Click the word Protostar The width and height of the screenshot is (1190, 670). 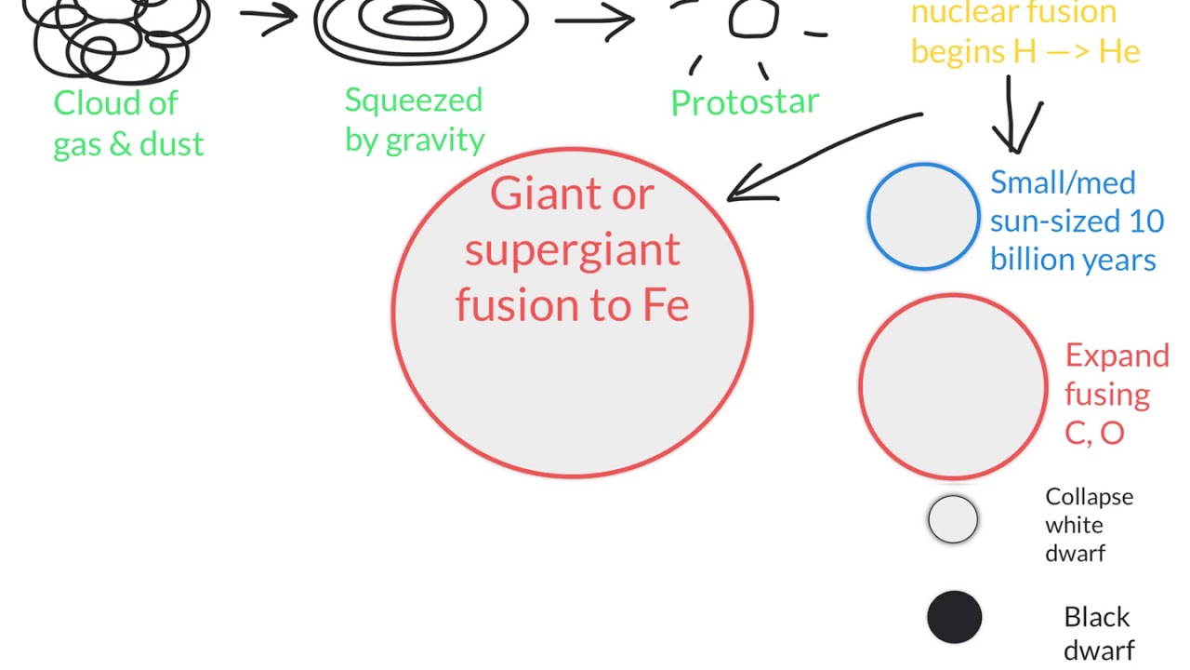pyautogui.click(x=745, y=101)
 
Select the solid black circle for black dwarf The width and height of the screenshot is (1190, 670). pyautogui.click(x=954, y=617)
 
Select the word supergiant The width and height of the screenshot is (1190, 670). pyautogui.click(x=572, y=251)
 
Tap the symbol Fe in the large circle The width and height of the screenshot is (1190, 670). pyautogui.click(x=666, y=306)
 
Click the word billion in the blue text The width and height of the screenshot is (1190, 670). pyautogui.click(x=1025, y=260)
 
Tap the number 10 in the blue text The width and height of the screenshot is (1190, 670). pyautogui.click(x=1146, y=221)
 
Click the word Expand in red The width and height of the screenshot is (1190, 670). pyautogui.click(x=1117, y=356)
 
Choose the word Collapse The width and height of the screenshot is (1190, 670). pyautogui.click(x=1089, y=498)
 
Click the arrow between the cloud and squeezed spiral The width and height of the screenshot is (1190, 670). pyautogui.click(x=269, y=16)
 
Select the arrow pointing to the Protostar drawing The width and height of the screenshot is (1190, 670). pyautogui.click(x=595, y=21)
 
